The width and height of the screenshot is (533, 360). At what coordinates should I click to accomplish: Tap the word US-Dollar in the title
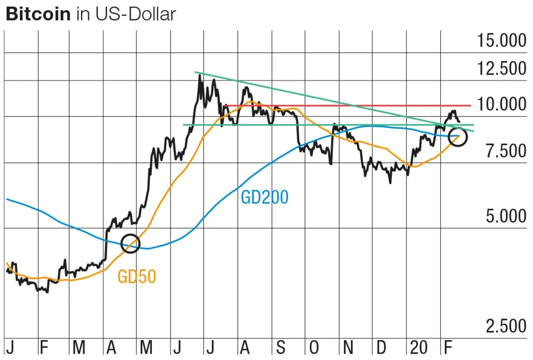(135, 14)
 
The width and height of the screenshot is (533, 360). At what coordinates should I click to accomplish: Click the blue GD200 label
(264, 198)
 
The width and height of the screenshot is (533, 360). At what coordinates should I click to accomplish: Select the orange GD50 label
(137, 277)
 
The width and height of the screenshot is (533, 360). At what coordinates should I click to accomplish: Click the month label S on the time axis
(280, 349)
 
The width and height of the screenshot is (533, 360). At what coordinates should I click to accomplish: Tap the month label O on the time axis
(314, 349)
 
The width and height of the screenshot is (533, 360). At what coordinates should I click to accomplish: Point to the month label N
(348, 349)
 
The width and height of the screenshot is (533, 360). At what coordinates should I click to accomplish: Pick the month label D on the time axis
(382, 349)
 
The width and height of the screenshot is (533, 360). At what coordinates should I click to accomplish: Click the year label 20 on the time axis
(419, 349)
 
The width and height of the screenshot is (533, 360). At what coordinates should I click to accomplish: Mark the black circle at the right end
(458, 137)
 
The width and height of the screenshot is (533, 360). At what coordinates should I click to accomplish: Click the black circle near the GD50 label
(131, 243)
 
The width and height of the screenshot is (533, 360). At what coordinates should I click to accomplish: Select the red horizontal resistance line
(346, 105)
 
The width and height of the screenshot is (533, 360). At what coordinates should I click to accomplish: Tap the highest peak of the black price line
(200, 75)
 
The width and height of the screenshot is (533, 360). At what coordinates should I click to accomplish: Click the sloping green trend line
(320, 98)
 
